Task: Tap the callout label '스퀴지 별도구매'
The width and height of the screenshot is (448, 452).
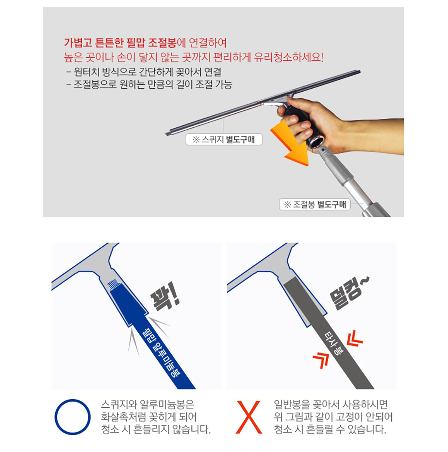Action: [x=224, y=139]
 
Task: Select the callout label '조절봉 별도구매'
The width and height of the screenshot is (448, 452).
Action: [x=315, y=204]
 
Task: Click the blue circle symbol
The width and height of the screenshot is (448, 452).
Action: [x=72, y=417]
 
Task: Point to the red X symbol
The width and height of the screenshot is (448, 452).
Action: [x=249, y=417]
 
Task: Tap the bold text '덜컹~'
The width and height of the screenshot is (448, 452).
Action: [x=349, y=293]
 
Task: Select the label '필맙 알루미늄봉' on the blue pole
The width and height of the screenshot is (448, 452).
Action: [x=160, y=352]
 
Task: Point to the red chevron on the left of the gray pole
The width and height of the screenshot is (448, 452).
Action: [x=321, y=360]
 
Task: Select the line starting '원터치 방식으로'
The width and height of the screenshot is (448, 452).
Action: [x=144, y=71]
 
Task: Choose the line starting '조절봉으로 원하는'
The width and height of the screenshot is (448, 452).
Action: [x=149, y=84]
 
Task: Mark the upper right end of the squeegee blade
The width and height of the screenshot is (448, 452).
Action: [x=359, y=71]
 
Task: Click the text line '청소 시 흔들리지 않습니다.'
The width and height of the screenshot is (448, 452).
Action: [x=156, y=429]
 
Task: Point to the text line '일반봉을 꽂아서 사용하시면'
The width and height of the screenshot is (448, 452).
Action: [x=331, y=405]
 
